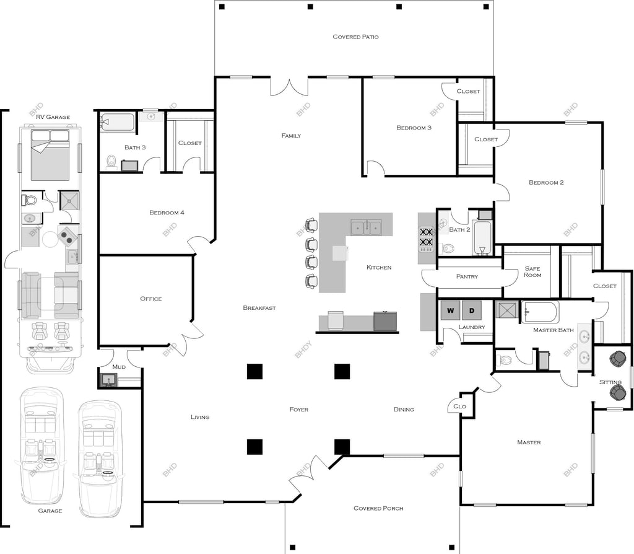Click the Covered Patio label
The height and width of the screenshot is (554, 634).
click(355, 37)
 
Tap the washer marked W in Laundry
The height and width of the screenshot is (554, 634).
click(451, 310)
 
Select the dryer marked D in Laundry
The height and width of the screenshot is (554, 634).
click(471, 310)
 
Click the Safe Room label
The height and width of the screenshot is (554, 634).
click(532, 271)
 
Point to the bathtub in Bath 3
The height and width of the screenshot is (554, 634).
click(118, 122)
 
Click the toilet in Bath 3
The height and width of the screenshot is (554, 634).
click(111, 162)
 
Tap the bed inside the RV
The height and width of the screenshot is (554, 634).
click(50, 155)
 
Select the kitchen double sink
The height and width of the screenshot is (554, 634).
click(366, 227)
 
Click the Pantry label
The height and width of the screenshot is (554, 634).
click(467, 277)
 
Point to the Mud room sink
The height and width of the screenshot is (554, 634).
click(108, 380)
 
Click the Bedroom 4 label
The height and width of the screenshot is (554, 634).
click(167, 213)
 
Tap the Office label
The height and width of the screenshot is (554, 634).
click(151, 299)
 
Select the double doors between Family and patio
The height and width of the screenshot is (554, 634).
click(290, 87)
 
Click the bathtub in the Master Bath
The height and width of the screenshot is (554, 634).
click(540, 312)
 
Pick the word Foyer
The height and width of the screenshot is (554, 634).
click(299, 410)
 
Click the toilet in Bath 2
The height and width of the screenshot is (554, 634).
click(447, 248)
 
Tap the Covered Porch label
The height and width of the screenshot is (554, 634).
click(378, 508)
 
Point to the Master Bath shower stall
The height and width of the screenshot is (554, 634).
click(507, 310)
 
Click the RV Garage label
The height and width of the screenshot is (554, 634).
click(53, 117)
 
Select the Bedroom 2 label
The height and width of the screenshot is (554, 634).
click(546, 183)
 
